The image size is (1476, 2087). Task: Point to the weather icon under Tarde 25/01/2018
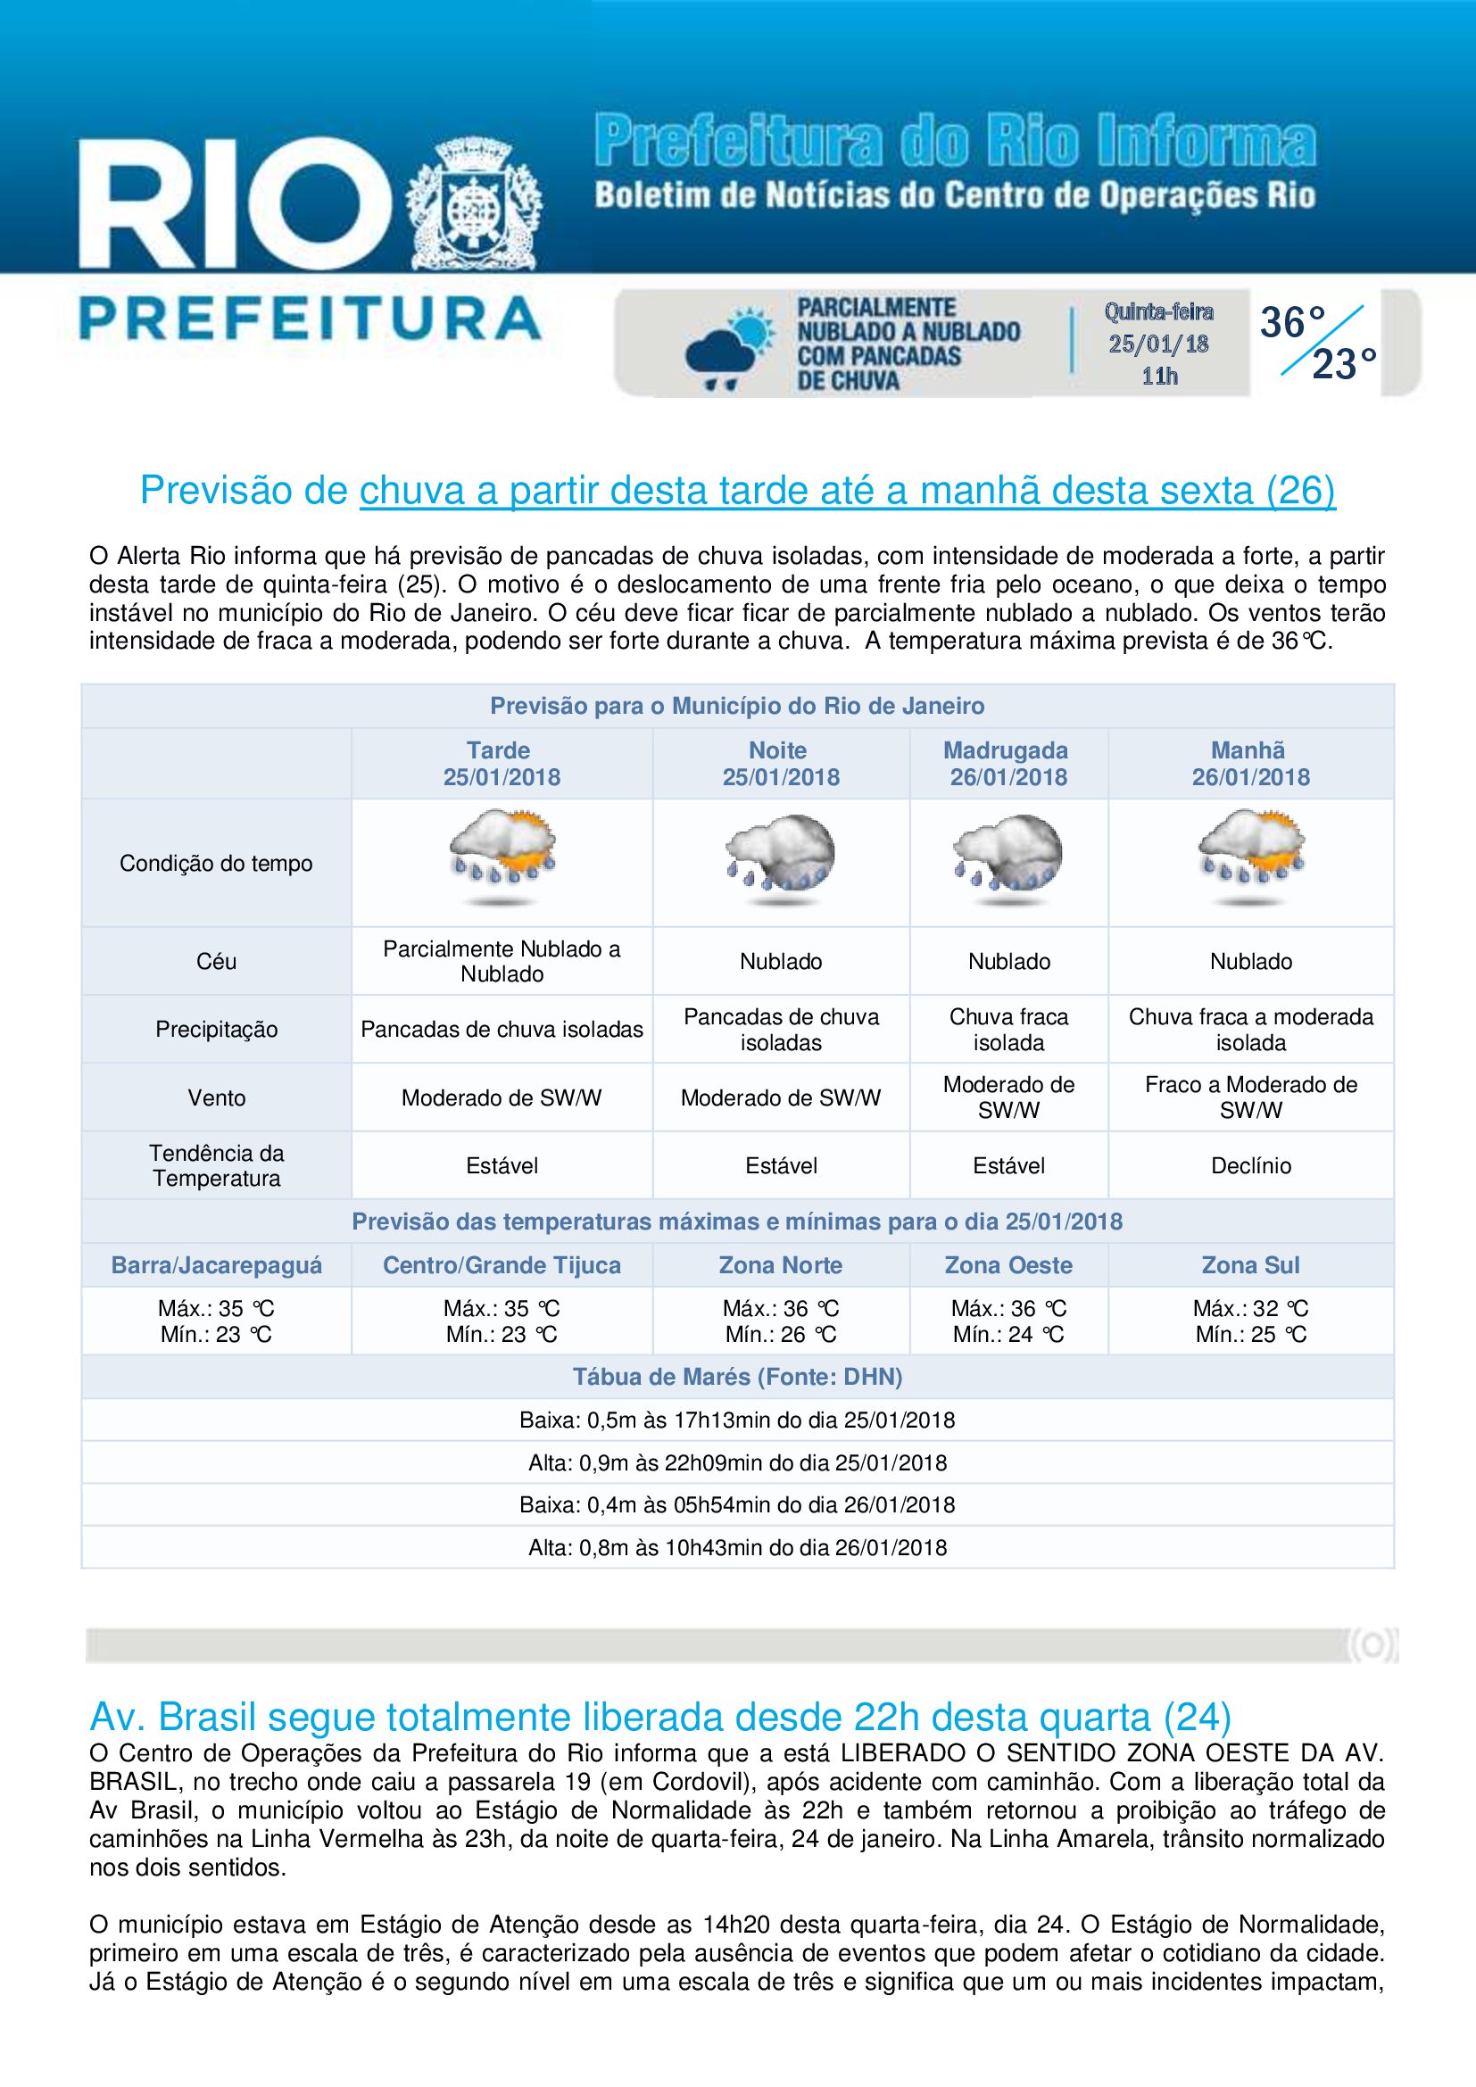point(502,860)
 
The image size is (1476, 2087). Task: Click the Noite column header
point(780,764)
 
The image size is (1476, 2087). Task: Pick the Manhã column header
point(1249,764)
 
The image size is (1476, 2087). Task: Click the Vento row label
point(216,1097)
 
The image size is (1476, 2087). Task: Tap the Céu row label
point(216,961)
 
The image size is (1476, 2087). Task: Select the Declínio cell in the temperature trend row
point(1249,1165)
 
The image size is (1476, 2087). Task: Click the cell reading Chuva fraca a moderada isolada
point(1249,1029)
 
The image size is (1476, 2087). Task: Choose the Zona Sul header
point(1249,1264)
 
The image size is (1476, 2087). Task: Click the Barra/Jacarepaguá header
point(216,1264)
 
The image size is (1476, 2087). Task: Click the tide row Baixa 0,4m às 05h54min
point(737,1504)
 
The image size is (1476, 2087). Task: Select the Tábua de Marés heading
point(737,1376)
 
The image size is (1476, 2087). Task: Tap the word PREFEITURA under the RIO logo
point(311,319)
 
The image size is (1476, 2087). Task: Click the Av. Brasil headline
point(659,1717)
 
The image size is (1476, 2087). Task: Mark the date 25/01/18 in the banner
point(1158,344)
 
